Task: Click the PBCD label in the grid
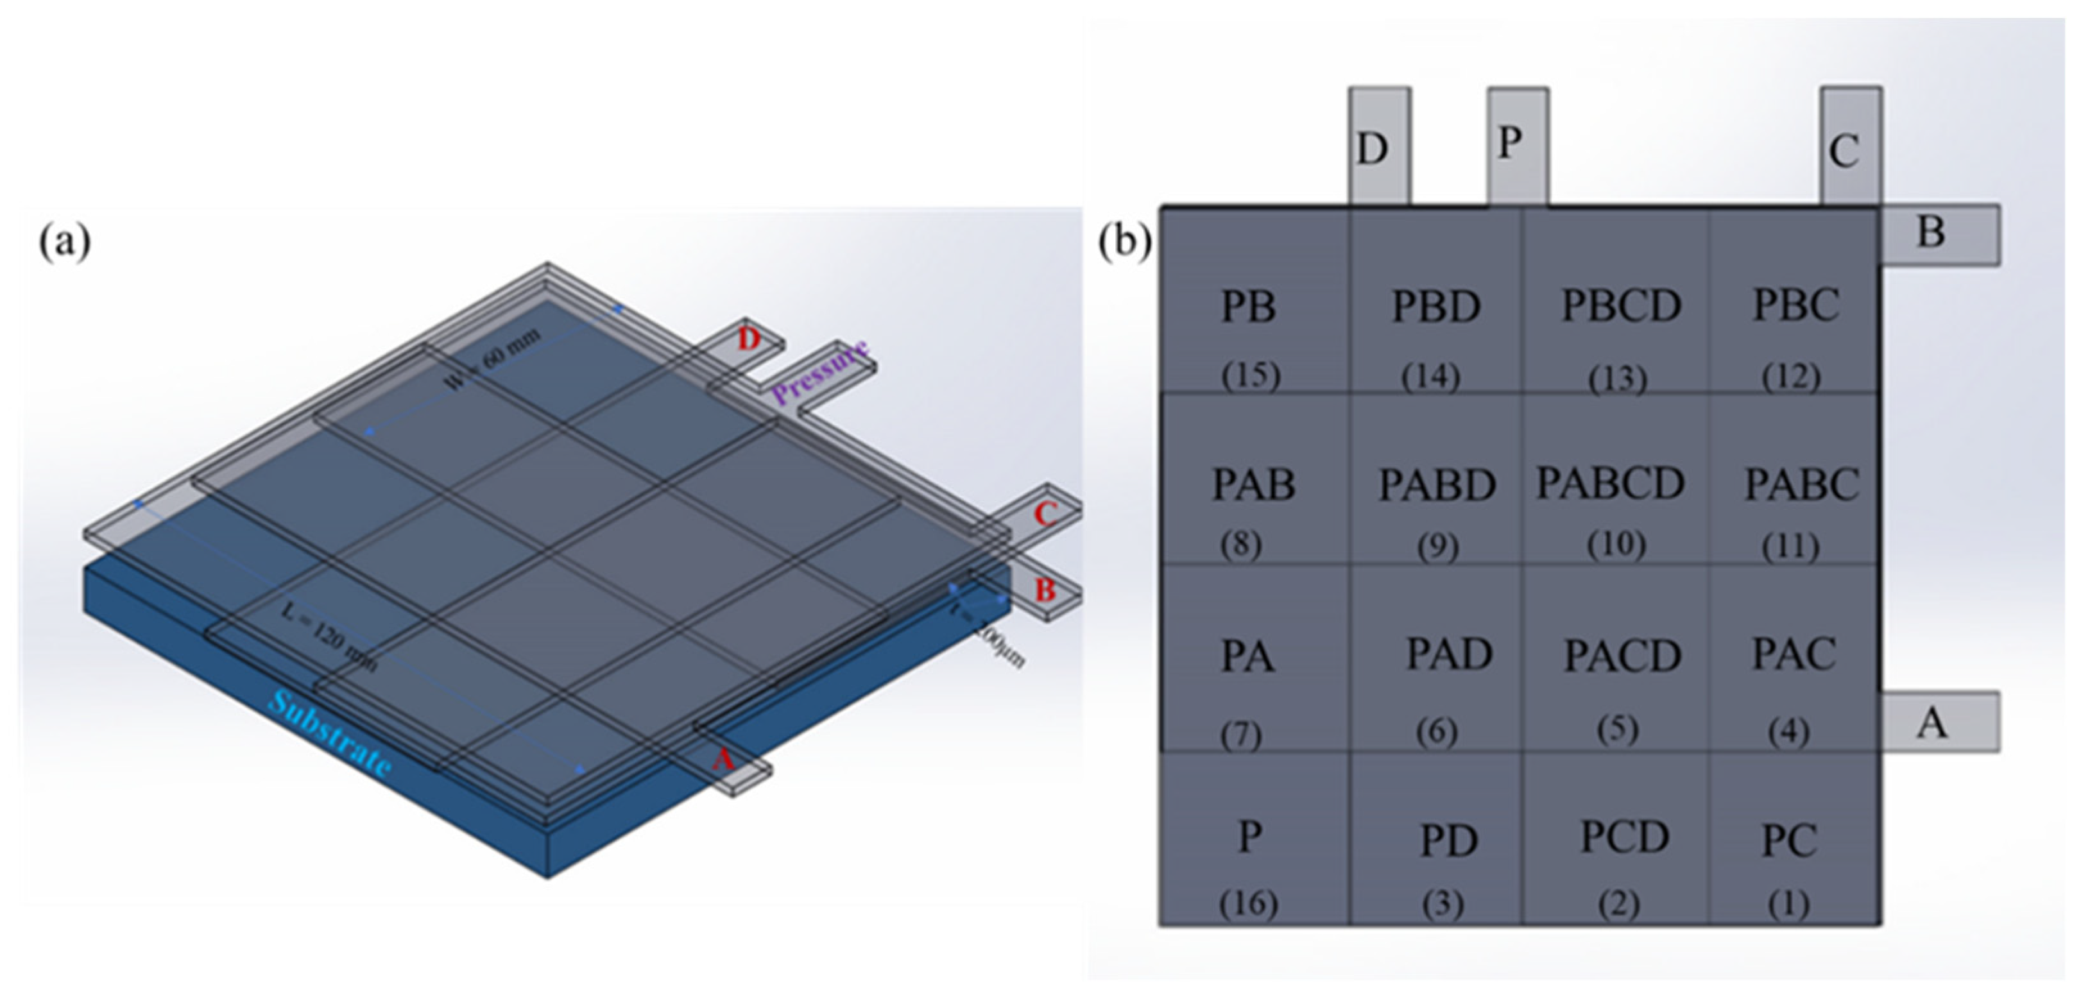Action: click(x=1620, y=306)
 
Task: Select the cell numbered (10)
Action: click(x=1616, y=544)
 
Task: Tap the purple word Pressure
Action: click(x=821, y=373)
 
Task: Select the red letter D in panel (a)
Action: click(x=749, y=339)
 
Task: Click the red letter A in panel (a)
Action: click(x=723, y=760)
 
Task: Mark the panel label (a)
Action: click(x=65, y=242)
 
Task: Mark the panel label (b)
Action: click(x=1124, y=242)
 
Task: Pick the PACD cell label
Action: click(x=1622, y=656)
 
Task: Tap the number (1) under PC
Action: click(x=1788, y=904)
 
